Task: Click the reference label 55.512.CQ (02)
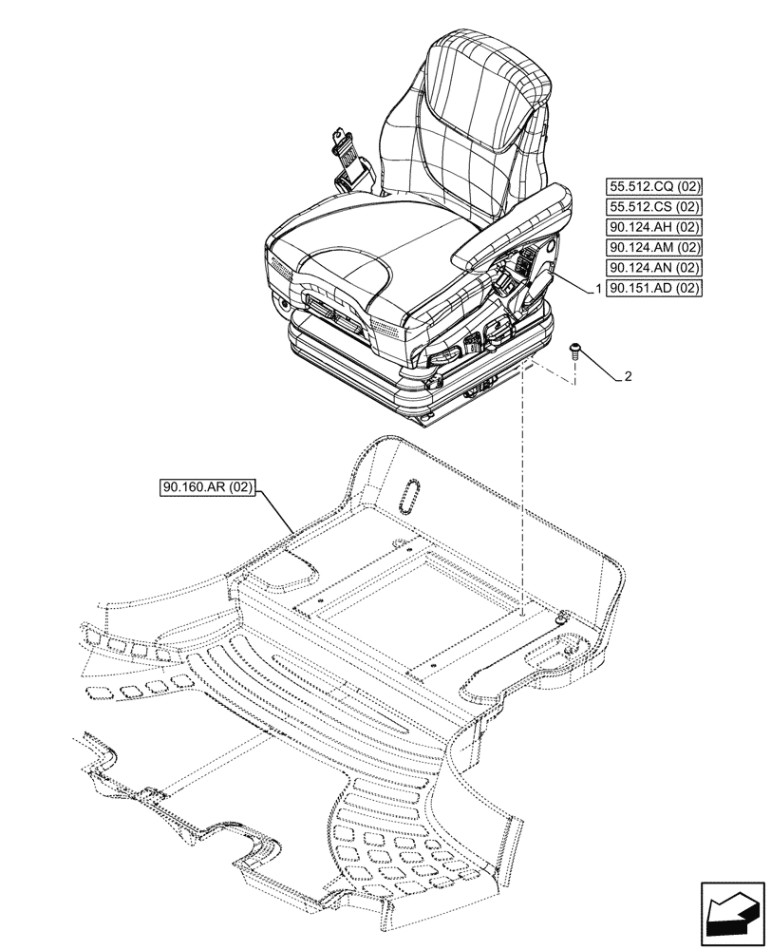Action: [652, 186]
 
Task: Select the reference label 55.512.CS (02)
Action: [652, 206]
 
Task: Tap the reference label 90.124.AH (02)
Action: [652, 227]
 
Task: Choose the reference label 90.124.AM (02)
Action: [652, 247]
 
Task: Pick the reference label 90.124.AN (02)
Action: [652, 268]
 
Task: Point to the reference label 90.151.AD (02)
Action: [652, 288]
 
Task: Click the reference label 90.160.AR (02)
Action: [208, 489]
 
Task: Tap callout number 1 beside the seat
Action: [596, 288]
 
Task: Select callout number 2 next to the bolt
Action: [628, 377]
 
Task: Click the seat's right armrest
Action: [513, 228]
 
